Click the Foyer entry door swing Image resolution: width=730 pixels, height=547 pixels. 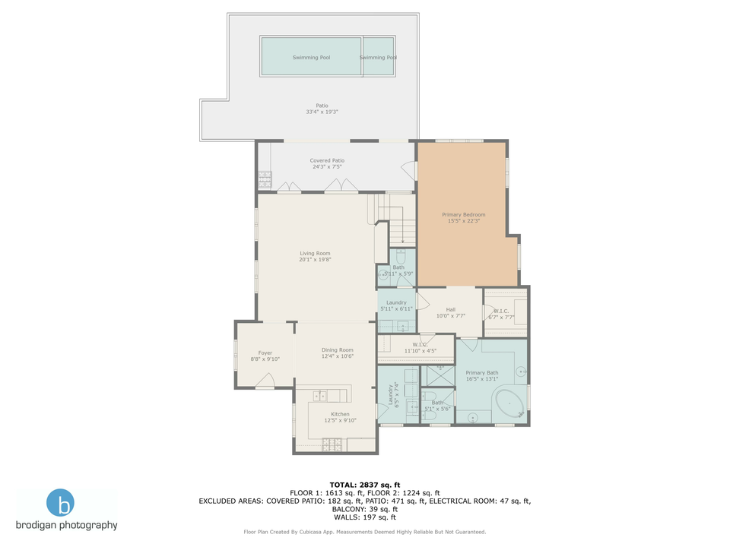coord(265,381)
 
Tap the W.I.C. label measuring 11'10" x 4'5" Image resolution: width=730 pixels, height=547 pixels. coord(419,348)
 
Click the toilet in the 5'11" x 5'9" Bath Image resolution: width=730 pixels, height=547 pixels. coord(382,274)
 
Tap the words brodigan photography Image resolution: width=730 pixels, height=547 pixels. coord(67,525)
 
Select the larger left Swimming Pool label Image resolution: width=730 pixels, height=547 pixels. coord(311,57)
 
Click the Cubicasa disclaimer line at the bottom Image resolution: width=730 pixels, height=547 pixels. coord(365,532)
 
